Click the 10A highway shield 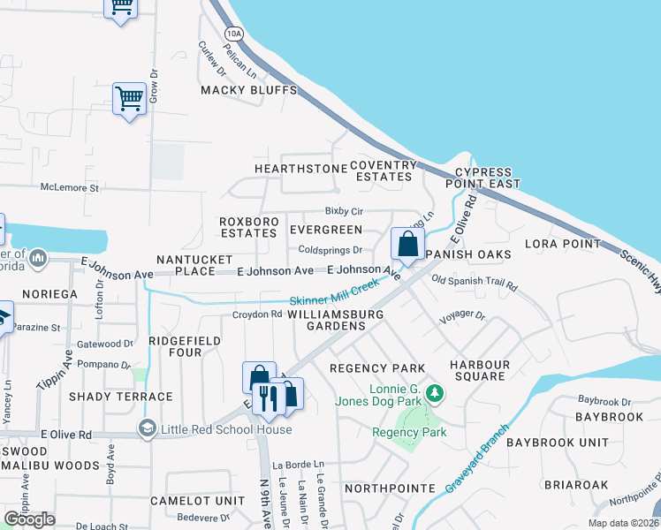coord(232,34)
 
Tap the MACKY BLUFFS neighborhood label coord(248,90)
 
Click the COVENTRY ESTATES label coord(384,170)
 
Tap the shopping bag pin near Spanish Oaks coord(407,245)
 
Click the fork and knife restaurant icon coord(268,397)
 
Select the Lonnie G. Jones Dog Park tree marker coord(434,392)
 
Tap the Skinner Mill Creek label coord(334,293)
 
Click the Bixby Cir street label coord(344,211)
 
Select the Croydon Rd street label coord(256,314)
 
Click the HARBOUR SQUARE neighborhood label coord(479,370)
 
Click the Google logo coord(30,519)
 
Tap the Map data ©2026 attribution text coord(622,523)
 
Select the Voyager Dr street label coord(462,314)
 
